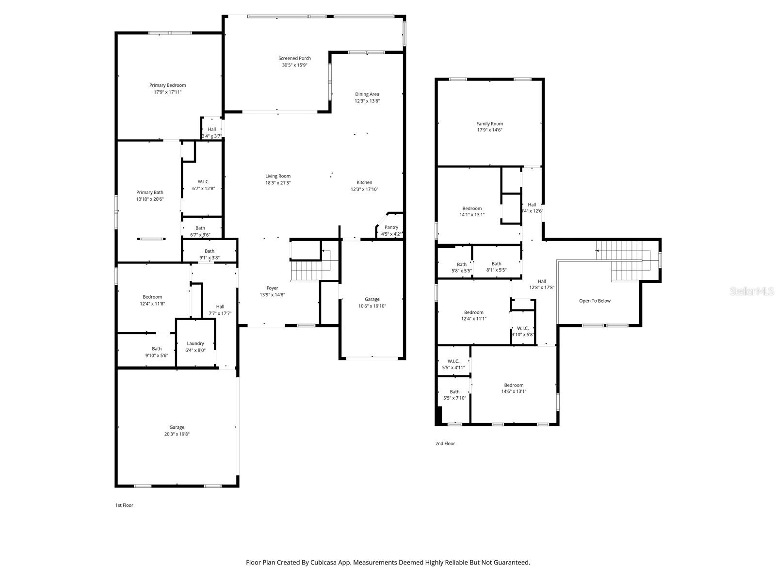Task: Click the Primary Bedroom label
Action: coord(167,85)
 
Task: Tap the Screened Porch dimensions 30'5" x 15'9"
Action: coord(294,65)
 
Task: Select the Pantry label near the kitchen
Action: coord(391,227)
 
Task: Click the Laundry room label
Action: coord(195,343)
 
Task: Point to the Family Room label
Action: coord(489,124)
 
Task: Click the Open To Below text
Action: coord(595,301)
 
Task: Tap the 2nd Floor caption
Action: coord(445,443)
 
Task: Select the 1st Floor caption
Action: coord(124,505)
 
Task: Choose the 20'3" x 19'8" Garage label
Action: coord(177,431)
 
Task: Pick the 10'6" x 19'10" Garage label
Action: coord(372,303)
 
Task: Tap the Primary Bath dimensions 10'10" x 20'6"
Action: coord(150,199)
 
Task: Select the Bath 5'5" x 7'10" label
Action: coord(454,395)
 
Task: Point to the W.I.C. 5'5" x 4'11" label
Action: coord(453,364)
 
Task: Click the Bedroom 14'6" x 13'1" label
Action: coord(514,388)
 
